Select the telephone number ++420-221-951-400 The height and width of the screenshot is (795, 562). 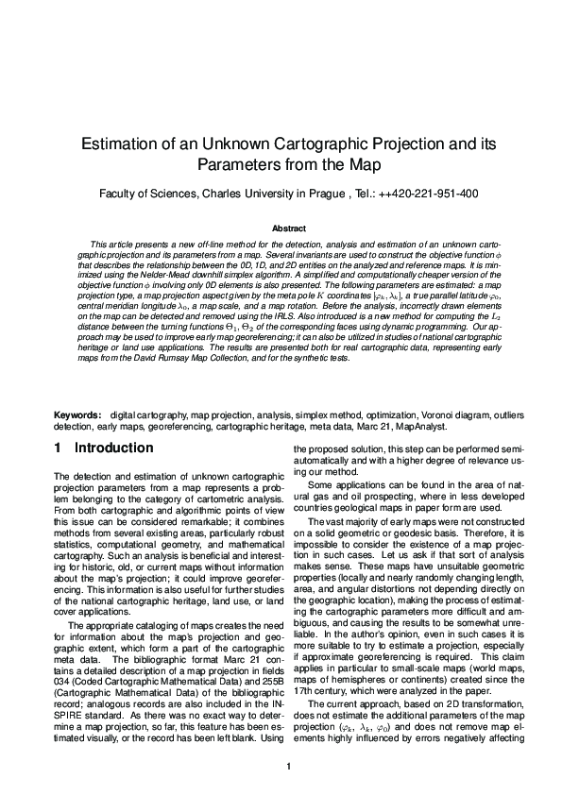430,195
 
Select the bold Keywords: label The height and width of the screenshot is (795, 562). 78,415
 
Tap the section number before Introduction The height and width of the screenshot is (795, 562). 59,448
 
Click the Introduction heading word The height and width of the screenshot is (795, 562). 113,448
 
